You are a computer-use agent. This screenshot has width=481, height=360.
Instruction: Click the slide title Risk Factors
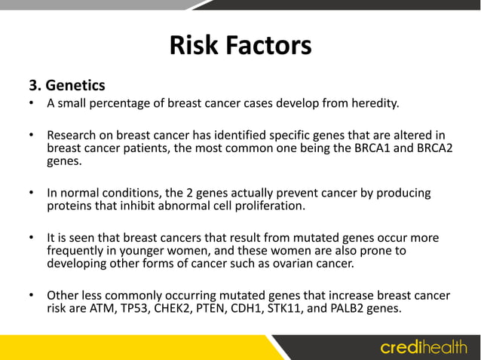[240, 46]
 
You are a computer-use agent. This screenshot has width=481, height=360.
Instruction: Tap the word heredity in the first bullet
[370, 103]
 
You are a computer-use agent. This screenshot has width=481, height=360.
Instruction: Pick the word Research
[74, 135]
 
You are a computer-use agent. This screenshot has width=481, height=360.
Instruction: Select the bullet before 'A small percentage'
[32, 103]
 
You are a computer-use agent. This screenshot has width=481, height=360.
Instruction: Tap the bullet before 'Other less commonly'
[32, 295]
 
